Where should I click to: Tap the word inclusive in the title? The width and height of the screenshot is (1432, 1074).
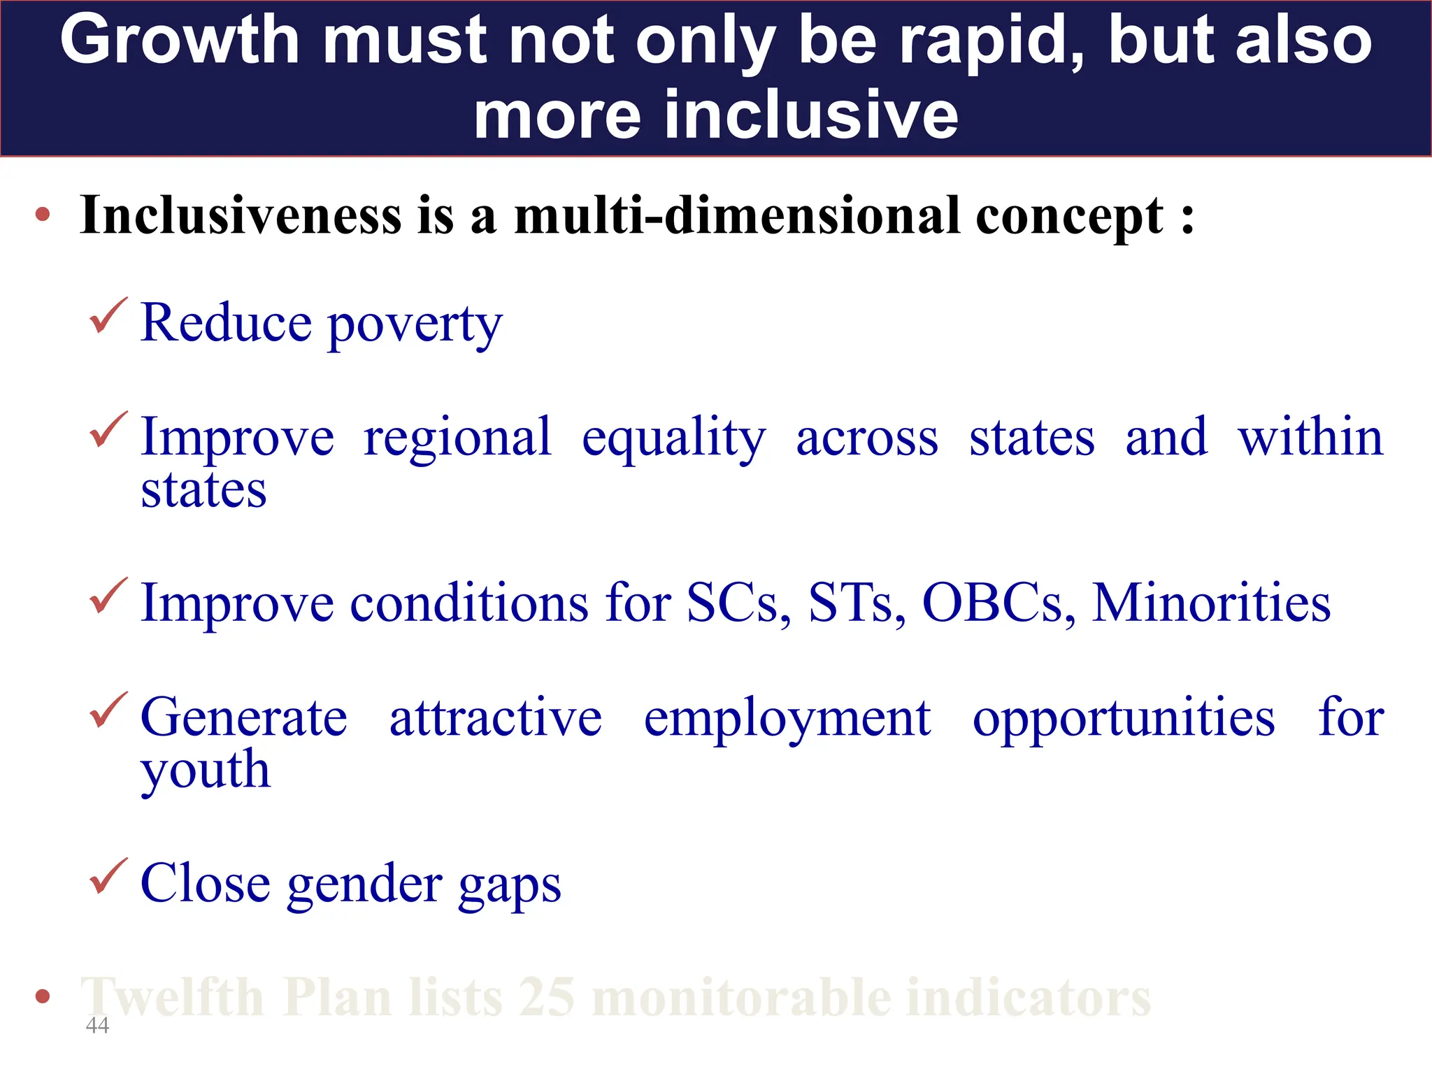pyautogui.click(x=811, y=115)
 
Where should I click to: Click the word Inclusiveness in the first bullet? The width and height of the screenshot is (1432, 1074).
pyautogui.click(x=241, y=215)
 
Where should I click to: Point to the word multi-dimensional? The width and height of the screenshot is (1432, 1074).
pyautogui.click(x=737, y=215)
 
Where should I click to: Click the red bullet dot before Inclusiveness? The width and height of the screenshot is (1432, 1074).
pyautogui.click(x=43, y=215)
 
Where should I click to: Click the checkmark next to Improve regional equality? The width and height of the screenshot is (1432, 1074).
pyautogui.click(x=108, y=429)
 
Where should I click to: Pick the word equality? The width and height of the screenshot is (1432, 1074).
pyautogui.click(x=674, y=438)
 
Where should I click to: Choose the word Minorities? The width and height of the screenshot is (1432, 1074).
pyautogui.click(x=1211, y=602)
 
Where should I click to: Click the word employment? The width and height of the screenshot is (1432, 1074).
pyautogui.click(x=787, y=718)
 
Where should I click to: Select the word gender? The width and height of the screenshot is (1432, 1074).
pyautogui.click(x=364, y=884)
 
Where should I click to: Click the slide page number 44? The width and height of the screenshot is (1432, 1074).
pyautogui.click(x=97, y=1025)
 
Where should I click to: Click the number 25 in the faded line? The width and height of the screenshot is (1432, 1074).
pyautogui.click(x=547, y=997)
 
